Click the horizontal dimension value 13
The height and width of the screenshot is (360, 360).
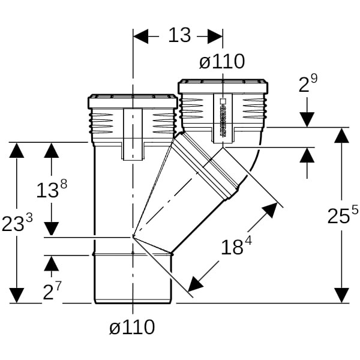click(x=179, y=35)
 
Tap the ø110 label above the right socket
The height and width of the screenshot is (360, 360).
click(x=222, y=61)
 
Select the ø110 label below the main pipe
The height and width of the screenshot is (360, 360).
click(x=132, y=327)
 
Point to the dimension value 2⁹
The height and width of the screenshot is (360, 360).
click(x=308, y=85)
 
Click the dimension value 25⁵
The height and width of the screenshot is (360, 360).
click(x=343, y=215)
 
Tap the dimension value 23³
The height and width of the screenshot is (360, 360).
click(x=17, y=223)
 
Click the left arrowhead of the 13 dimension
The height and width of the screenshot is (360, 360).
click(x=140, y=36)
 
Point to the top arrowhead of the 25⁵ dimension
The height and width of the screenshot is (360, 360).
click(x=341, y=135)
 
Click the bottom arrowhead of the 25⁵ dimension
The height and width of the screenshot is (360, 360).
click(x=341, y=295)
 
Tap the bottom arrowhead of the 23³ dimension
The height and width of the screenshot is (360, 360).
click(x=17, y=295)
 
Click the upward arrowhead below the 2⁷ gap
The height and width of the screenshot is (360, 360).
click(x=52, y=263)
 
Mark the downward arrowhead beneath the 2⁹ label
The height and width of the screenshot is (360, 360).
click(x=307, y=119)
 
